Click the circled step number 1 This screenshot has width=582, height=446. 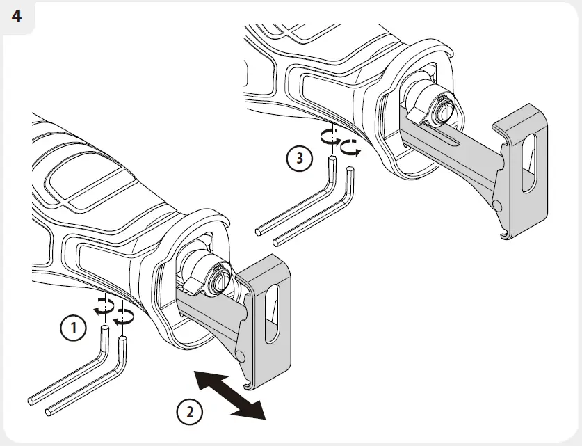tap(74, 326)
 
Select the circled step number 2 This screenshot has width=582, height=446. tap(189, 413)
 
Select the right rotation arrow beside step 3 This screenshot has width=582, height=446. tap(351, 146)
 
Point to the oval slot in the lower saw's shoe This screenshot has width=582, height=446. tap(271, 317)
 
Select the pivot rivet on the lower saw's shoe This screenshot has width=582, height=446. tap(239, 355)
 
